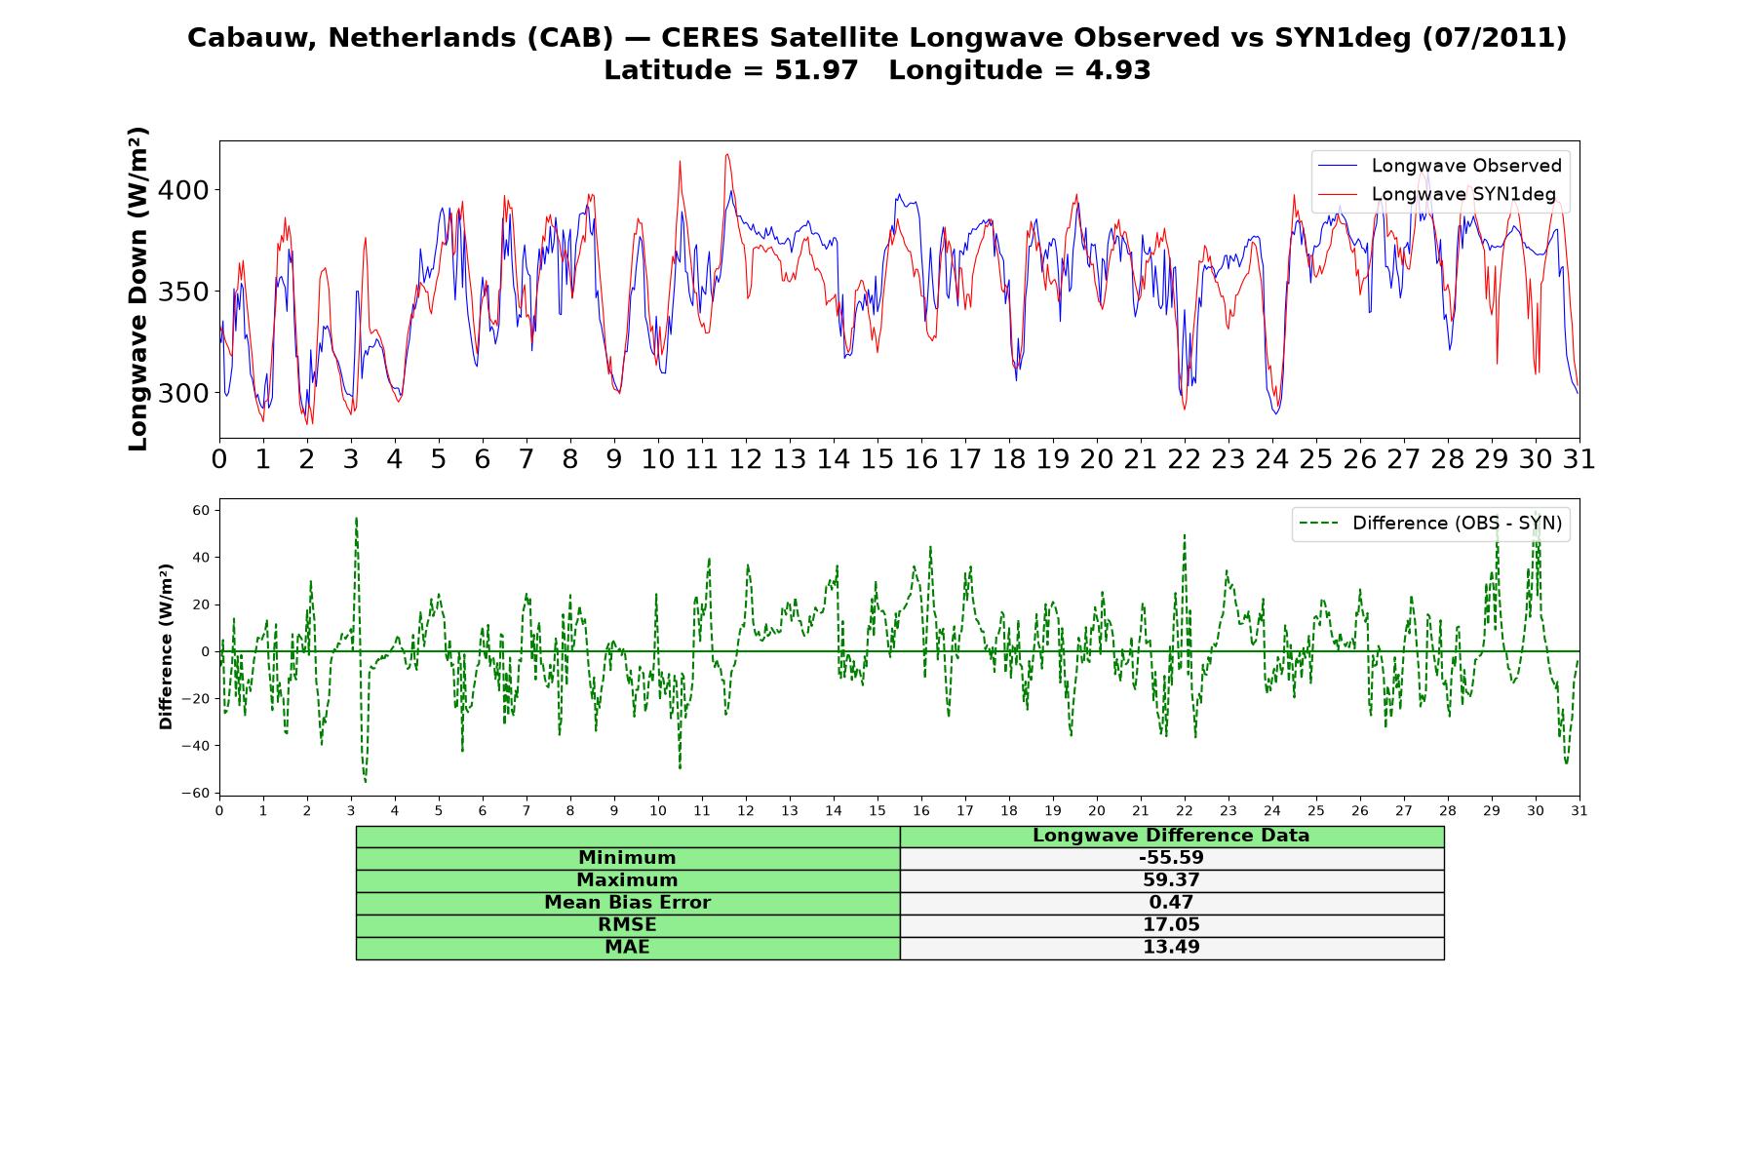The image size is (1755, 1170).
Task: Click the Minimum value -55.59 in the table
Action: point(1171,858)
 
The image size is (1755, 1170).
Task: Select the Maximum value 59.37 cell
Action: point(1171,880)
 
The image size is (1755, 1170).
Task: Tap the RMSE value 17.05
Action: point(1171,925)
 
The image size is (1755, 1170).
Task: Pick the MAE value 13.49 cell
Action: point(1171,948)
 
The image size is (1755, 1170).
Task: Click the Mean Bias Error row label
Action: point(627,903)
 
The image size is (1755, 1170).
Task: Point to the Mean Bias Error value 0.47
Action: point(1171,903)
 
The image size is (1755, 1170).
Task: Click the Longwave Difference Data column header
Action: point(1171,836)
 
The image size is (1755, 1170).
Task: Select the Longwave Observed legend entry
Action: point(1439,166)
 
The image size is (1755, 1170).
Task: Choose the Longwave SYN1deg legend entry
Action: point(1436,194)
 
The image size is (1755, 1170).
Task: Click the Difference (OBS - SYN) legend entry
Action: point(1431,524)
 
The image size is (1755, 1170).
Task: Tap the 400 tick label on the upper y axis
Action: point(184,190)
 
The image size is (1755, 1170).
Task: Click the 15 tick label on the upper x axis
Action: point(877,459)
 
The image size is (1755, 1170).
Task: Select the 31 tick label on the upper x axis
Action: point(1579,459)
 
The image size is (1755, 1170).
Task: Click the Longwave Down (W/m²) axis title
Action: point(138,289)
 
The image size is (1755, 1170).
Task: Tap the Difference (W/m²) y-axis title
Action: point(166,646)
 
